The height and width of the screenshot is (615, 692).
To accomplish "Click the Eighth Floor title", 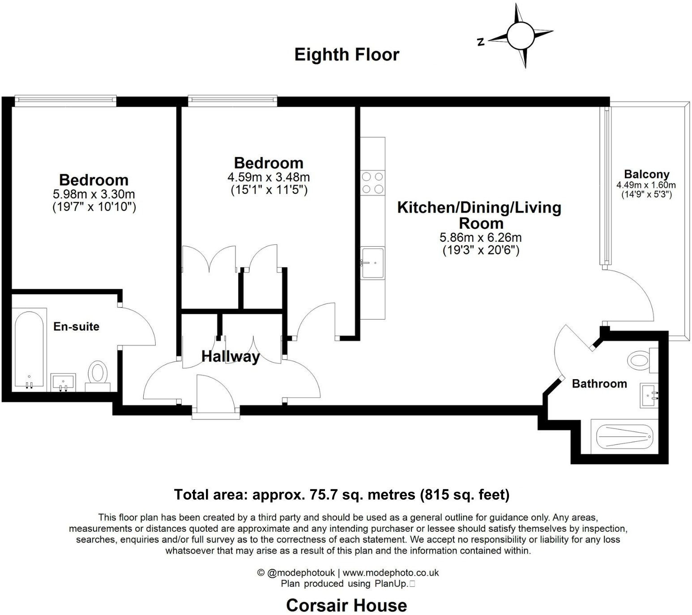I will coord(346,55).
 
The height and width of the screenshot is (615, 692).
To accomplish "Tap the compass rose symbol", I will coord(520,35).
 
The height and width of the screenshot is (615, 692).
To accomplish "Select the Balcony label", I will coord(646,174).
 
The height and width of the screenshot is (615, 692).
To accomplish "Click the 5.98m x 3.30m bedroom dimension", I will coord(94,194).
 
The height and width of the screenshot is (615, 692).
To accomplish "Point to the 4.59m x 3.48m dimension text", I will coord(269,177).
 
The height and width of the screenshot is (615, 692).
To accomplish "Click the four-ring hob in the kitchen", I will coord(372,183).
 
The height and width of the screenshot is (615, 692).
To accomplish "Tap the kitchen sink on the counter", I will coord(372,263).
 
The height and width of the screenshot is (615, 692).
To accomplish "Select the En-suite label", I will coord(76,326).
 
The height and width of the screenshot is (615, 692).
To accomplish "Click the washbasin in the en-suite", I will coord(63,382).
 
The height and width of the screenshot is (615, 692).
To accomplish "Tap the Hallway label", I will coord(231,356).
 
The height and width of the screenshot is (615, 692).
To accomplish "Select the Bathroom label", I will coord(599,384).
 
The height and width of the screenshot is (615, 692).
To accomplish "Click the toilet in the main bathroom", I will coord(641,359).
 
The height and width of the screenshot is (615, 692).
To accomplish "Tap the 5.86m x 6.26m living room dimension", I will coord(481,237).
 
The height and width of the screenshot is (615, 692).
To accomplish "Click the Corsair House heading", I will coord(346,605).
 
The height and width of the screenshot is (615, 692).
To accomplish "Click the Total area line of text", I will coord(342,495).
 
